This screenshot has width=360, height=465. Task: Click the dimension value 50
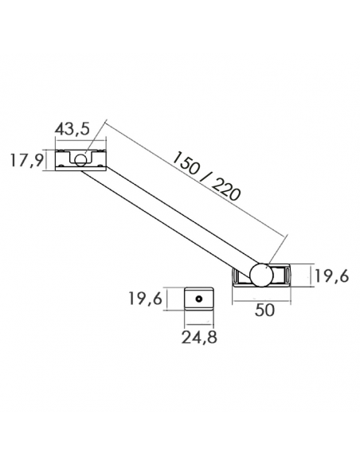click(x=265, y=311)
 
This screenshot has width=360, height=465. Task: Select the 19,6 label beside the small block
click(x=146, y=299)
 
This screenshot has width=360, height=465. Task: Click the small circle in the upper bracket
click(x=80, y=158)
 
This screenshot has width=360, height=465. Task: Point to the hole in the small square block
click(x=198, y=299)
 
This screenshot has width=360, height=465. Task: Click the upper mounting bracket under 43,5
click(x=80, y=159)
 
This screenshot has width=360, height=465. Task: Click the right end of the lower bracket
click(x=290, y=275)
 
